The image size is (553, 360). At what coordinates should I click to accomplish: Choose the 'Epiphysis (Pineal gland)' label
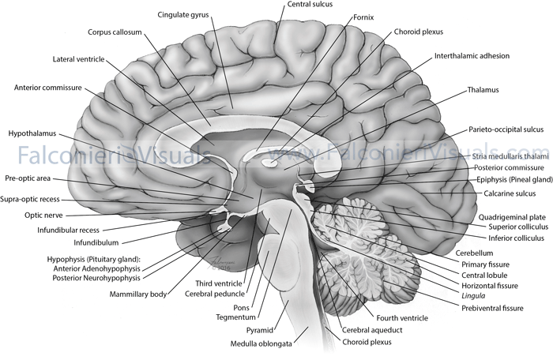point(509,178)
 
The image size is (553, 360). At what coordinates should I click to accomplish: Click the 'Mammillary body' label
point(140,294)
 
